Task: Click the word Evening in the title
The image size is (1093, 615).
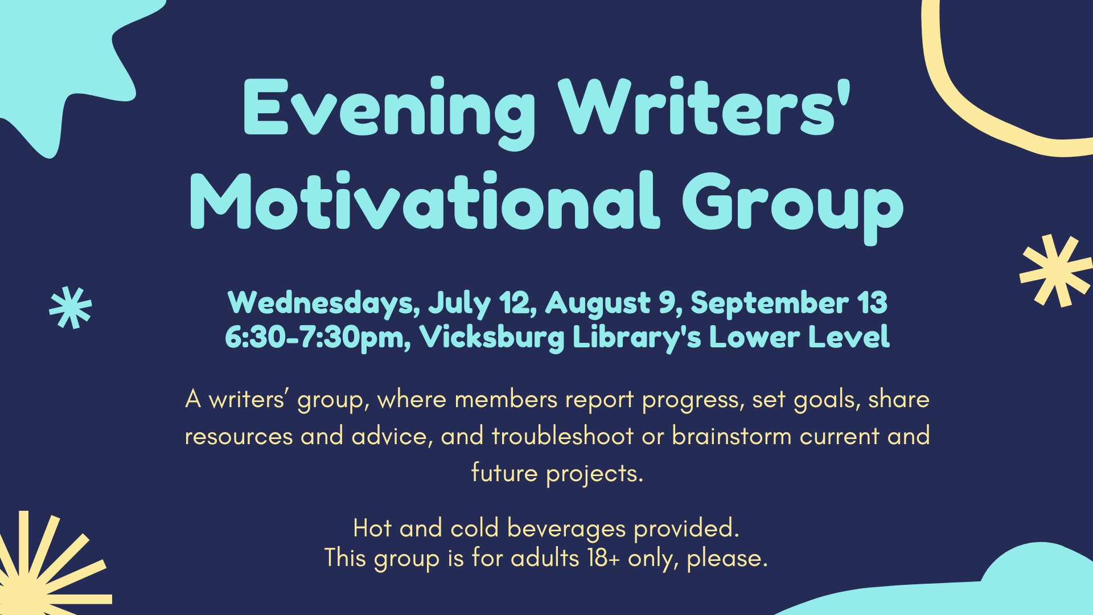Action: [389, 112]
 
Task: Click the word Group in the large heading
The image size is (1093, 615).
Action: [793, 208]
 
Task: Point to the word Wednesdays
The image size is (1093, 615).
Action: [323, 304]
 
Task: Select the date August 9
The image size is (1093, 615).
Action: [613, 303]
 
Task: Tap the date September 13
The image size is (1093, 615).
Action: [788, 304]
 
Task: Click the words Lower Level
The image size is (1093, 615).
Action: [799, 337]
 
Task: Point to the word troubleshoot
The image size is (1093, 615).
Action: [562, 436]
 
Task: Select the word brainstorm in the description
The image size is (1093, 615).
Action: [732, 436]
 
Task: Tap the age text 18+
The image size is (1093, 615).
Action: [603, 557]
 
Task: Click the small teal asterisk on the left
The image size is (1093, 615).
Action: [71, 307]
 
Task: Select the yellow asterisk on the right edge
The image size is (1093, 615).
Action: [1055, 270]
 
